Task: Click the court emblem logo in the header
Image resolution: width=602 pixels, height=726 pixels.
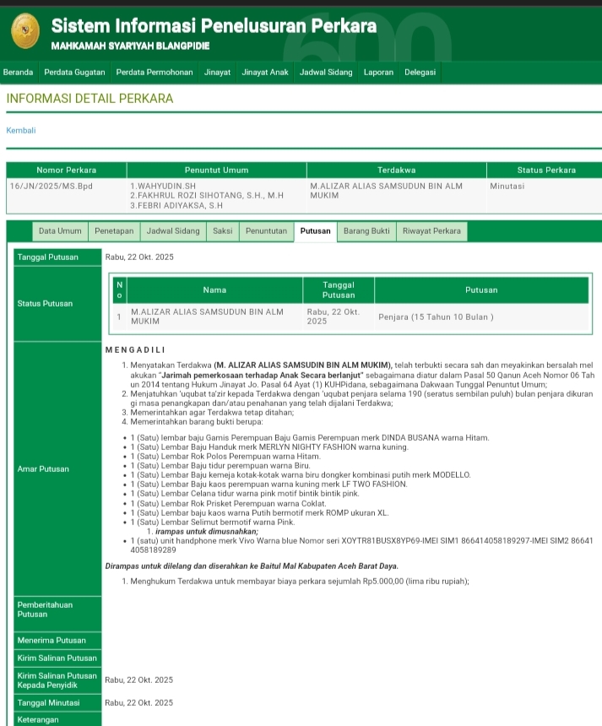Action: (x=24, y=31)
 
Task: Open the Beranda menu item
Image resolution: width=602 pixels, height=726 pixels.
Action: (x=19, y=73)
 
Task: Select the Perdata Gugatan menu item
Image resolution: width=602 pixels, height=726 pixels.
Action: (x=74, y=73)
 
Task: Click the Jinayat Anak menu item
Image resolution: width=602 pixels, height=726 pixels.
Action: (x=265, y=73)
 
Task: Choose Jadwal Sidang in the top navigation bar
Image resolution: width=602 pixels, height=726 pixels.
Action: (x=326, y=73)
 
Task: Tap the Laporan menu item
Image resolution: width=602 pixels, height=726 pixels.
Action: (x=378, y=73)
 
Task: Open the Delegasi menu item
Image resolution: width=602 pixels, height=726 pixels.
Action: (x=420, y=73)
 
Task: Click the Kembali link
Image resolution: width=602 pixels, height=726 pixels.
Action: (x=21, y=130)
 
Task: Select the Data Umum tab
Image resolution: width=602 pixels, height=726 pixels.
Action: (x=60, y=231)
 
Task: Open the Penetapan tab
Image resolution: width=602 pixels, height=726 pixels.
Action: (x=114, y=231)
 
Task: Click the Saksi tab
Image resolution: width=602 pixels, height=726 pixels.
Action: (x=222, y=231)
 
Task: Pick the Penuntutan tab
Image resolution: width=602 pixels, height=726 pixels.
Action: (x=266, y=231)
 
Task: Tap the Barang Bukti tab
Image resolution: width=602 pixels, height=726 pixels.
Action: (x=366, y=231)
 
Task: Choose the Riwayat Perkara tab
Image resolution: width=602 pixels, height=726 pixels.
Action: (x=431, y=231)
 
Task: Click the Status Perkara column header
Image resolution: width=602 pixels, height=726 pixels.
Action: (x=546, y=171)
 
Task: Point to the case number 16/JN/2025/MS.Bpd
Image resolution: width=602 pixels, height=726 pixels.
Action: (x=52, y=186)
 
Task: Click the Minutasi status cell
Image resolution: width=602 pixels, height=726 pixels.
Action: (x=507, y=186)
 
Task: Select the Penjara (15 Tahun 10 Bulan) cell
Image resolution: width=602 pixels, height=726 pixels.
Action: (x=436, y=317)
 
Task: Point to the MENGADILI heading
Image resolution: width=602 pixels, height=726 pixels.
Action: (x=135, y=349)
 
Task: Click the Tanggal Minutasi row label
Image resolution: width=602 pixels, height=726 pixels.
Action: (x=48, y=702)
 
